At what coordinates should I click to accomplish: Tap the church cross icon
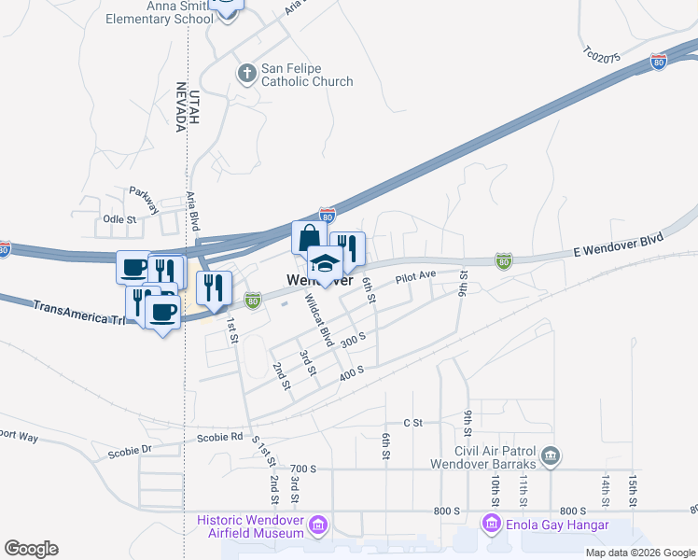247,74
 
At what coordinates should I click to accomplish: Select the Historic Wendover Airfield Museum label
251,525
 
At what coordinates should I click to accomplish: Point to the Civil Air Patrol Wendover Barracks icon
551,456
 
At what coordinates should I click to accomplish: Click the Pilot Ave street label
415,276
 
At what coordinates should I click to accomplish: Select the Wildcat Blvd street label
319,321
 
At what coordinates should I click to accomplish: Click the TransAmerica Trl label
79,309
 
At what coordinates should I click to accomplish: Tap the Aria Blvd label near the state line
194,211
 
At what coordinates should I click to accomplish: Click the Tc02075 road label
601,57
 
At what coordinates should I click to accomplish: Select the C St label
413,423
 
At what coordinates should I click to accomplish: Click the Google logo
31,549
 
